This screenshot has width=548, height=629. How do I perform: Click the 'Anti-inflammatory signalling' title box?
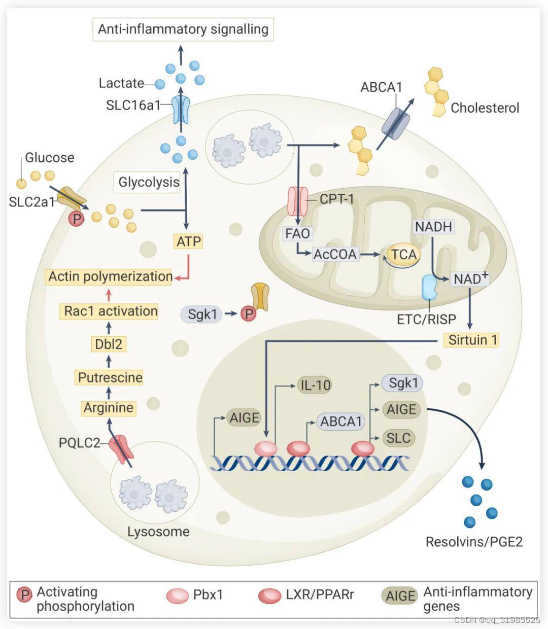click(183, 29)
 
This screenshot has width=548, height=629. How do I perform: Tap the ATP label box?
click(188, 241)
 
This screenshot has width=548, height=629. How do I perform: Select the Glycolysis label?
click(149, 182)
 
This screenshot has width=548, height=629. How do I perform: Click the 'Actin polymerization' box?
click(110, 276)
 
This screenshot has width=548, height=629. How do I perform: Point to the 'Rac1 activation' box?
click(111, 311)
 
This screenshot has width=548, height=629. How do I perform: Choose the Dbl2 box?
click(109, 344)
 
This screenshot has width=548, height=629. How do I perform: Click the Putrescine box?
click(110, 377)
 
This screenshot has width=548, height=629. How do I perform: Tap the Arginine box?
click(109, 408)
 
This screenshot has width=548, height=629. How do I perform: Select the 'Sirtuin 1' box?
click(472, 339)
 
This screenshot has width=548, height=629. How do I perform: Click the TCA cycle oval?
click(404, 254)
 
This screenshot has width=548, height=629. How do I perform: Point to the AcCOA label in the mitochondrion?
click(335, 254)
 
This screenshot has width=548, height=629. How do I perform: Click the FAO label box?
click(297, 234)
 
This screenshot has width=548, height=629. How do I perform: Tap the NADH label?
click(433, 226)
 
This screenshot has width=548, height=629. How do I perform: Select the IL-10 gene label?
click(315, 386)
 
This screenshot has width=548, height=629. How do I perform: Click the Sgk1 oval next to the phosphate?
click(202, 314)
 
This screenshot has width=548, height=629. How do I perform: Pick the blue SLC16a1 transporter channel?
click(180, 110)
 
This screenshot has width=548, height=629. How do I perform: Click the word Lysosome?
click(158, 532)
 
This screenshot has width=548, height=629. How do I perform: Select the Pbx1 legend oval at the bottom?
click(178, 595)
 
